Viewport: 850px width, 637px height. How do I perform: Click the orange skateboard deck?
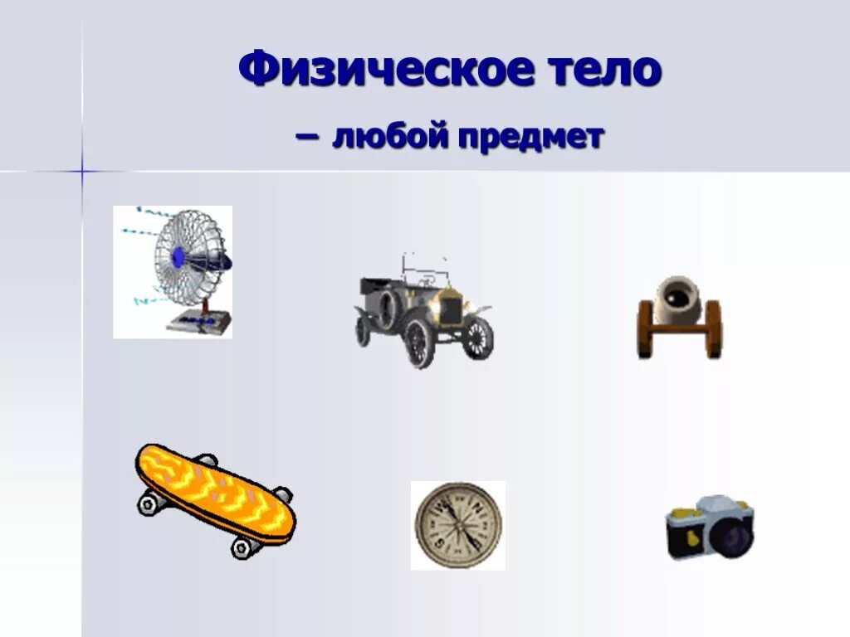coord(214,491)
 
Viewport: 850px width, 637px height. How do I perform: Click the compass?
coord(458,526)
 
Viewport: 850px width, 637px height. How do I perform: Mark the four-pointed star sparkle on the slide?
coord(82,171)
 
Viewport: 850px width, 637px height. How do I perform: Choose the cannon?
coord(680,318)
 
